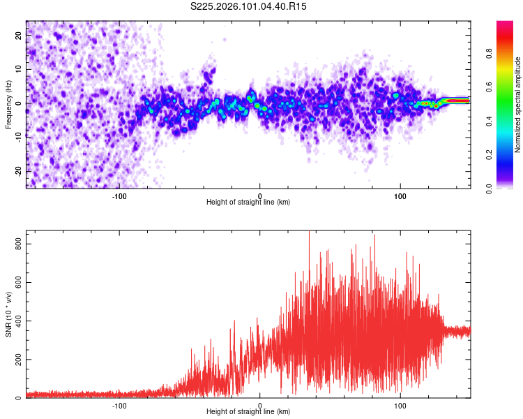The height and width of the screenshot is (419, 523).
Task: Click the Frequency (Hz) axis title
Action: click(x=8, y=103)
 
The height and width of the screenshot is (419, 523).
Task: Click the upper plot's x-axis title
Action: click(x=248, y=203)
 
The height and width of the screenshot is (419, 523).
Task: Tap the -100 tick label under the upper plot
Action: click(x=119, y=195)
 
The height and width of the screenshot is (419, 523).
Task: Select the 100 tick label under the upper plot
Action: click(x=400, y=195)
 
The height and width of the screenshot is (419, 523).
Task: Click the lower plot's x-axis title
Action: click(x=248, y=412)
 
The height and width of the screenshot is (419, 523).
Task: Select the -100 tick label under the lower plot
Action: click(x=119, y=405)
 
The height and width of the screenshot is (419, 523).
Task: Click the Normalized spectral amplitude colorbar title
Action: click(x=518, y=105)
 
